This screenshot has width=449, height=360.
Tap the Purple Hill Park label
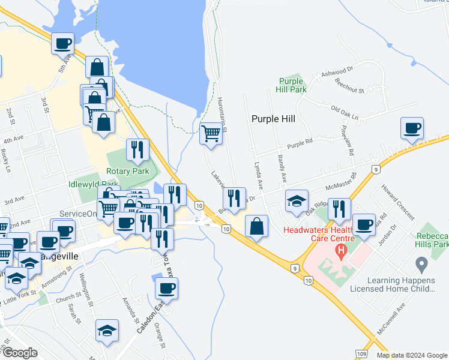click(292, 85)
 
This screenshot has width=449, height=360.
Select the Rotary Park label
click(127, 171)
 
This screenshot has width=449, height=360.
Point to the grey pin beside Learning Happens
click(421, 264)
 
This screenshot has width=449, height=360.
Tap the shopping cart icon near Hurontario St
click(211, 132)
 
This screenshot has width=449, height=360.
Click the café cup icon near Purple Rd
click(412, 128)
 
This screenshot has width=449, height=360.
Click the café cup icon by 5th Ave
click(62, 43)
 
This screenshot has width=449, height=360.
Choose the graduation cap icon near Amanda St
click(107, 330)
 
